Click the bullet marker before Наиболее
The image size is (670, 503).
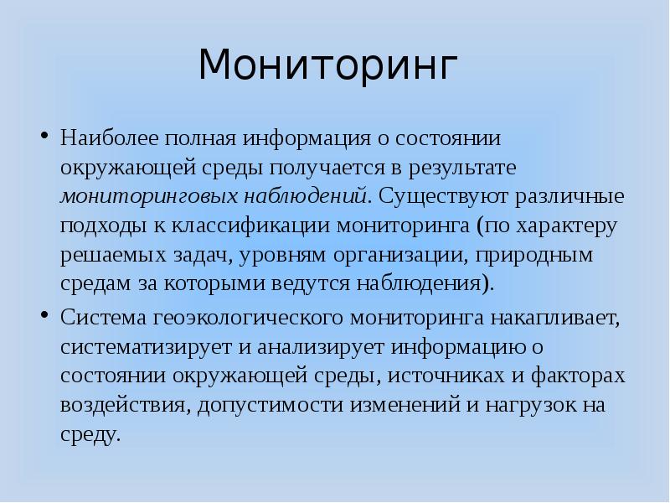[x=44, y=135]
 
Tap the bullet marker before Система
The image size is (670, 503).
[x=44, y=317]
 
